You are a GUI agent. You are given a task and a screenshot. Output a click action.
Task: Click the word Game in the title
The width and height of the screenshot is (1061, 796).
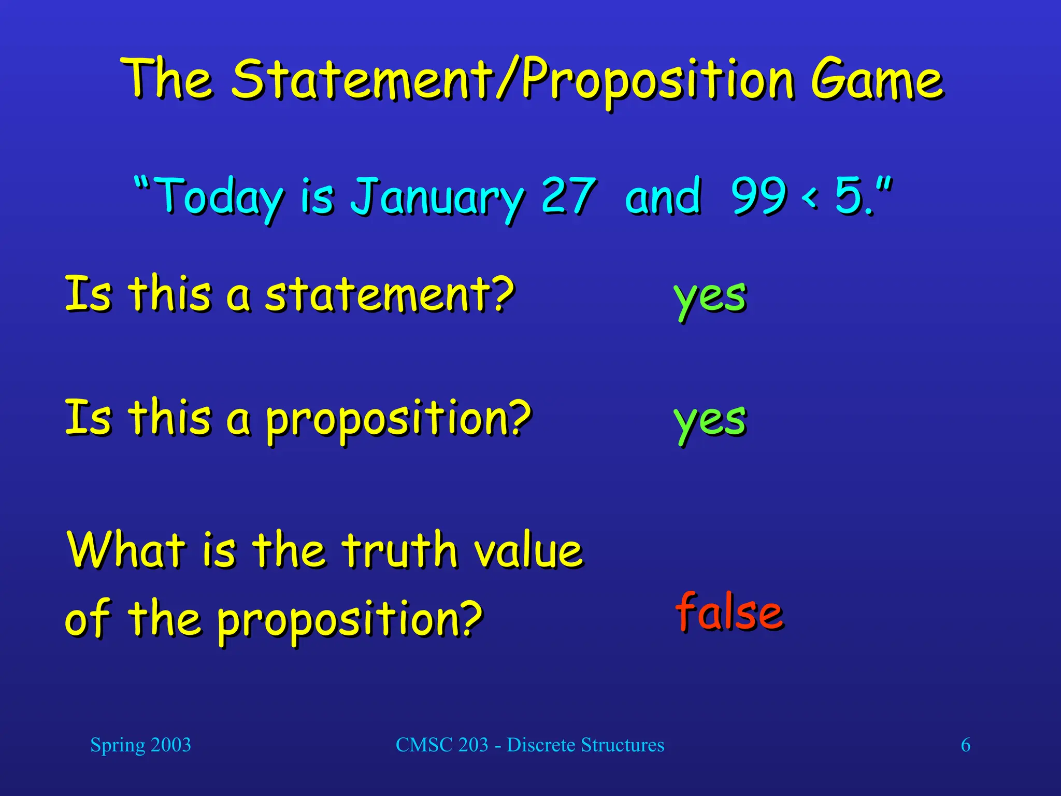tap(877, 80)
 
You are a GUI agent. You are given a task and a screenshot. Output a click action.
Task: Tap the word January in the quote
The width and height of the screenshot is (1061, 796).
tap(437, 197)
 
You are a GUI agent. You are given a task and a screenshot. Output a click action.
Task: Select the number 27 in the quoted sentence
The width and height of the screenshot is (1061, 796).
tap(568, 196)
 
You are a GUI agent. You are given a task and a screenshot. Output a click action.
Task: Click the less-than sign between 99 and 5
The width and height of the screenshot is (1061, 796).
tap(810, 197)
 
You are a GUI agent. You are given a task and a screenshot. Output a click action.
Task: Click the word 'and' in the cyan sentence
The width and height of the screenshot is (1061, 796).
tap(663, 196)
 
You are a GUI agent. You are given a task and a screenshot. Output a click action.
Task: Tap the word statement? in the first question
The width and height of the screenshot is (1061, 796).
tap(390, 294)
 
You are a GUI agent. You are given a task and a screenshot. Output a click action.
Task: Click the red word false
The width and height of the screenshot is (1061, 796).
tap(729, 613)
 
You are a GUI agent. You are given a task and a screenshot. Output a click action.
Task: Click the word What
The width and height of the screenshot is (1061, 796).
tap(126, 549)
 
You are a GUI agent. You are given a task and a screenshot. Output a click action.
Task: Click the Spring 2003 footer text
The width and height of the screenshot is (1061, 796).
tap(140, 745)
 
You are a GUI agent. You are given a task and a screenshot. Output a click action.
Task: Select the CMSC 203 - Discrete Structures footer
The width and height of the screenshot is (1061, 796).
tap(530, 745)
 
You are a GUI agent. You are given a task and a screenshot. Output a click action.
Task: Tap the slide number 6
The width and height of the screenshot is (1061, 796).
tap(966, 745)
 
